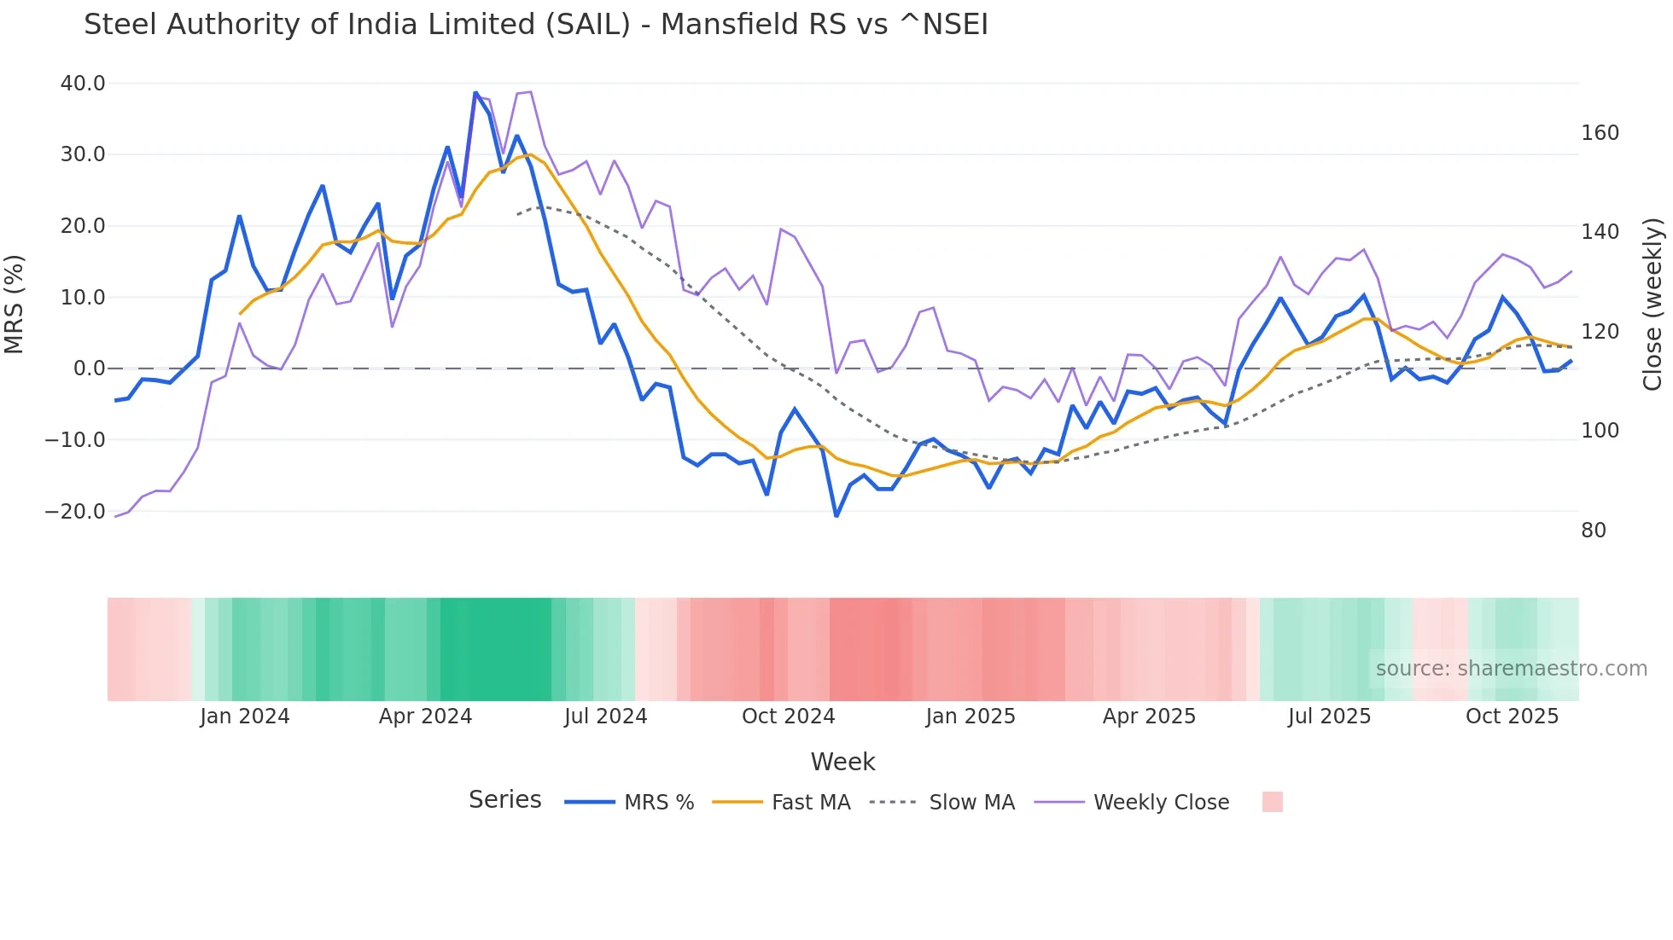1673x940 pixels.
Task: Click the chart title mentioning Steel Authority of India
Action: point(535,25)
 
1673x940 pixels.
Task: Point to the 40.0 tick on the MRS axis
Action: point(83,84)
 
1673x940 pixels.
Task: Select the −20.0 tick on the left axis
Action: point(75,512)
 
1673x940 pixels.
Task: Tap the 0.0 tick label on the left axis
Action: point(89,368)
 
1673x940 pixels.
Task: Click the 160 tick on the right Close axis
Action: point(1600,133)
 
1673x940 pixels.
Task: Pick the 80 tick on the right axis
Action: point(1594,531)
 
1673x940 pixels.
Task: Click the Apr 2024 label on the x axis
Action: point(425,717)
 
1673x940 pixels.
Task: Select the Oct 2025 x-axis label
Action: point(1512,717)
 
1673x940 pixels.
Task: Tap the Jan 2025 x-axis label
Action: point(971,717)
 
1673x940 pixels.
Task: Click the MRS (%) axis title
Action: point(15,304)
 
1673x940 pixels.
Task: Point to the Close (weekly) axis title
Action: point(1653,304)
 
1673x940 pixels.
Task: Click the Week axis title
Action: point(842,762)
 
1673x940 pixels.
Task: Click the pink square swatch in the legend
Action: point(1272,802)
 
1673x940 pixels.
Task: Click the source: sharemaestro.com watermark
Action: point(1511,669)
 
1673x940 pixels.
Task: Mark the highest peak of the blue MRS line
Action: point(475,93)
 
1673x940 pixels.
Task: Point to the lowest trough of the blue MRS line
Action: point(836,516)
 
